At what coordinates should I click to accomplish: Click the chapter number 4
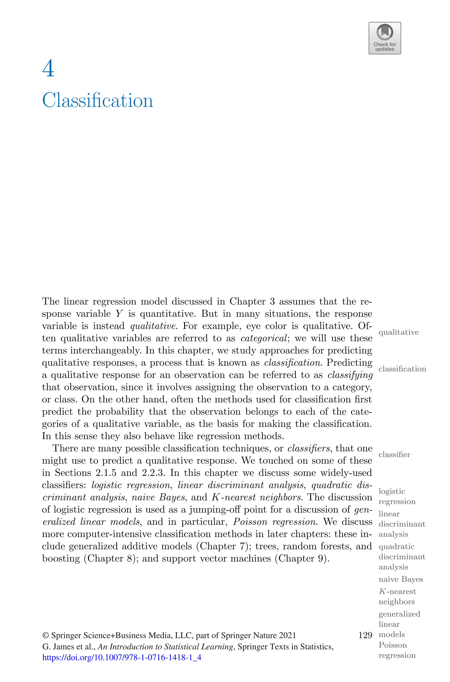(x=48, y=69)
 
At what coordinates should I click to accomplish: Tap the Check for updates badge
(x=385, y=38)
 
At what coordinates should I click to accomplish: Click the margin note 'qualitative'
(x=398, y=332)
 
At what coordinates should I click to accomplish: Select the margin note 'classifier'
(x=394, y=455)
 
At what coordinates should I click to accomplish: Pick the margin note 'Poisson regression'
(x=397, y=650)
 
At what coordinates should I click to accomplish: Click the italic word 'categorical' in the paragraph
(x=264, y=338)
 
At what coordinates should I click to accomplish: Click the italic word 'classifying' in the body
(x=350, y=375)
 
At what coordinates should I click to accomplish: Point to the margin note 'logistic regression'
(x=397, y=496)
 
